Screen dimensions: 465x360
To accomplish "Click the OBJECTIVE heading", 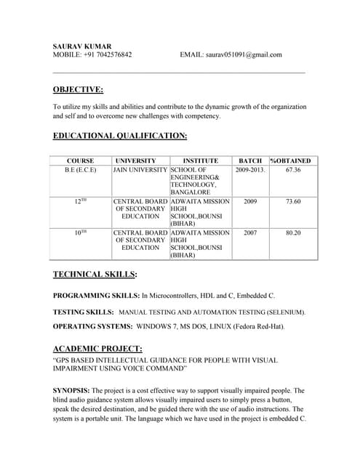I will [x=78, y=90].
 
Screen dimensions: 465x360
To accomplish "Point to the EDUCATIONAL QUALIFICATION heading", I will [x=120, y=136].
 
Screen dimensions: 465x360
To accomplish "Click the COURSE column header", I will [x=80, y=161].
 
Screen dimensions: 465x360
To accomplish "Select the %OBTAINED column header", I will [x=291, y=161].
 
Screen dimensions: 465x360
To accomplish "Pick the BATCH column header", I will [x=250, y=161].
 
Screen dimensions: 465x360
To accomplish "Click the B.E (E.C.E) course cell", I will [x=80, y=170].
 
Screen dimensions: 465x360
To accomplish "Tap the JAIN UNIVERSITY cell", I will [x=140, y=170].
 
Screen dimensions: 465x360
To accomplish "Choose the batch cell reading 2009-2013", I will [x=250, y=170].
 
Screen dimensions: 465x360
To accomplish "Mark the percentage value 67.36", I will [x=293, y=170].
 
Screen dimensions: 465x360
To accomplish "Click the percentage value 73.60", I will [x=293, y=201].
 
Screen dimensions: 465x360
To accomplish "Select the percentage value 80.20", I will [x=293, y=233].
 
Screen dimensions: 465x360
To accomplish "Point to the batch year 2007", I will [x=250, y=233].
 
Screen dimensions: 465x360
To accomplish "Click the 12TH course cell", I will [x=80, y=201].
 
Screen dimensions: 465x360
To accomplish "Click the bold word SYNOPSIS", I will [x=71, y=391].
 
